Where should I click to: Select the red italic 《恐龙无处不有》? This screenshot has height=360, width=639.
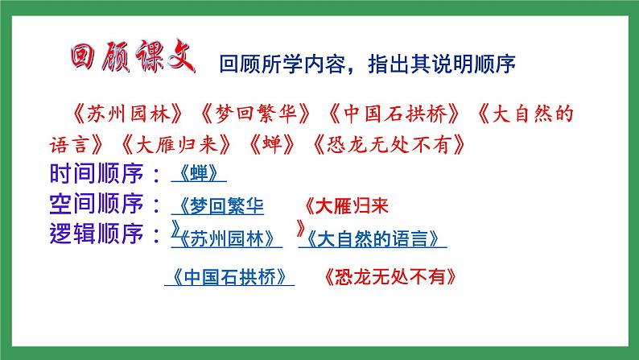[x=385, y=146]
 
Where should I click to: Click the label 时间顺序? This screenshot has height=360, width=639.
[x=97, y=174]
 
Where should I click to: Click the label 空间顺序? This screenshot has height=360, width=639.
[x=97, y=204]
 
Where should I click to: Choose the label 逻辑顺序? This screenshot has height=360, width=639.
[x=97, y=234]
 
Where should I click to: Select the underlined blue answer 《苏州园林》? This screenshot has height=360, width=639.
[x=227, y=239]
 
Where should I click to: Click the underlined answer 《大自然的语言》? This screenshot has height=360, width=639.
[x=373, y=239]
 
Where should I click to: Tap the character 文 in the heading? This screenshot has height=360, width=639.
[x=179, y=56]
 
